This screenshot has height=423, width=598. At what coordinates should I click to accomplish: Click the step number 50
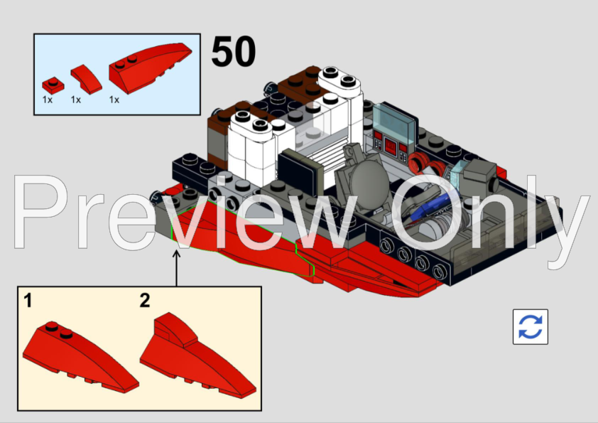click(x=234, y=52)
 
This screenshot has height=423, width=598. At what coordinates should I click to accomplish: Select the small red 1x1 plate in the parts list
click(x=49, y=82)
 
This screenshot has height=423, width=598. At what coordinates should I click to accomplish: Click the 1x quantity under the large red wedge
click(x=114, y=100)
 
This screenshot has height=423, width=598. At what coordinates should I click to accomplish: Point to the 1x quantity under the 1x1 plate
click(x=48, y=100)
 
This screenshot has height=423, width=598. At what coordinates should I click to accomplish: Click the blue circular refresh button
click(x=530, y=327)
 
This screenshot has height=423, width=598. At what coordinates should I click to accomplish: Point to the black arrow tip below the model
click(x=177, y=251)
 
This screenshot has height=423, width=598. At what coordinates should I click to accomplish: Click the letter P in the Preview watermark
click(x=46, y=213)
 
